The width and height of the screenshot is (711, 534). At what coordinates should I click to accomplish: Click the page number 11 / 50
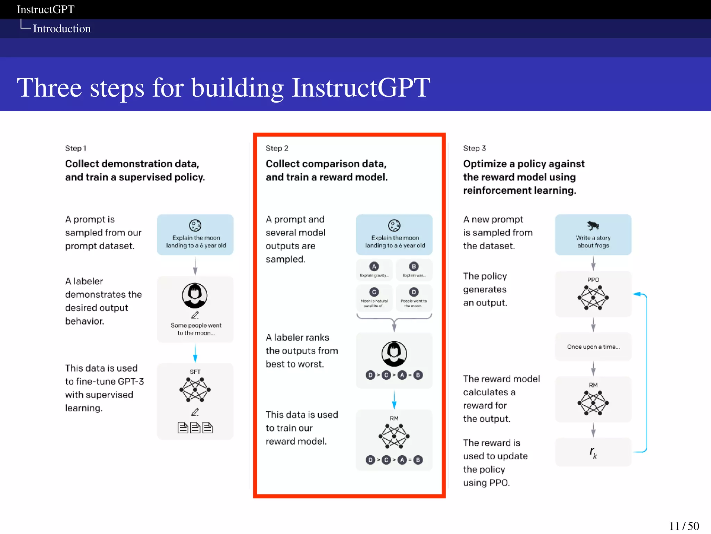(684, 526)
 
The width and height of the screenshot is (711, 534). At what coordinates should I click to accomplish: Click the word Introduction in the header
(62, 29)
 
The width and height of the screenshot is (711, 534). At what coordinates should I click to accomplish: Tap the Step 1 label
(75, 148)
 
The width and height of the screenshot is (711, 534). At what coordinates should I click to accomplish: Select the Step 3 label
(474, 148)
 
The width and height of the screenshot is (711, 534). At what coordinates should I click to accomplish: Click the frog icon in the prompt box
(593, 226)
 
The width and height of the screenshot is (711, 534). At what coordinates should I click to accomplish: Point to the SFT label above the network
(195, 372)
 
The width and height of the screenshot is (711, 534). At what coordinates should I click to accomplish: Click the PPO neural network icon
(593, 298)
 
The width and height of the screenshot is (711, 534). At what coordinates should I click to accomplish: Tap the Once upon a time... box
(593, 347)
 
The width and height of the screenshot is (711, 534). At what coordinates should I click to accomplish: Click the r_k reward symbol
(593, 452)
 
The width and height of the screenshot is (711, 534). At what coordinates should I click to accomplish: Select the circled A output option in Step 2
(374, 267)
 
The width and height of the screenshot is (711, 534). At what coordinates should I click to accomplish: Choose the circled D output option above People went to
(413, 292)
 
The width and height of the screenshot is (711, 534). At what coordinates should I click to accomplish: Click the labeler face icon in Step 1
(195, 296)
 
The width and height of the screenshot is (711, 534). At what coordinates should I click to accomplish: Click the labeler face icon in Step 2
(394, 354)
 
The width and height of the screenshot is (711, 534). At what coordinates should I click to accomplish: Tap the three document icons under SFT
(195, 428)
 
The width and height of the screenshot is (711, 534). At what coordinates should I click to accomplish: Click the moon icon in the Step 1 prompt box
(195, 225)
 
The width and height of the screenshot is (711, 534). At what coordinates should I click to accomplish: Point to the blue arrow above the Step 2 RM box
(394, 400)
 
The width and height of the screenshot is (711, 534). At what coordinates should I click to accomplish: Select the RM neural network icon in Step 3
(593, 403)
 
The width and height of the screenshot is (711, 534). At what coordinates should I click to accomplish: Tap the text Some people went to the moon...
(196, 329)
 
